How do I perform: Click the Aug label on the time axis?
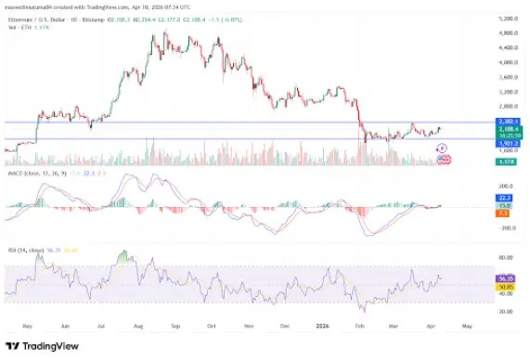(138, 327)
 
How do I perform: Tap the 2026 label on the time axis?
(322, 327)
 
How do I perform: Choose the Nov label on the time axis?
(250, 327)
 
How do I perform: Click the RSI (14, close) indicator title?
(28, 249)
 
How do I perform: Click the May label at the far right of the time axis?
(467, 327)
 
